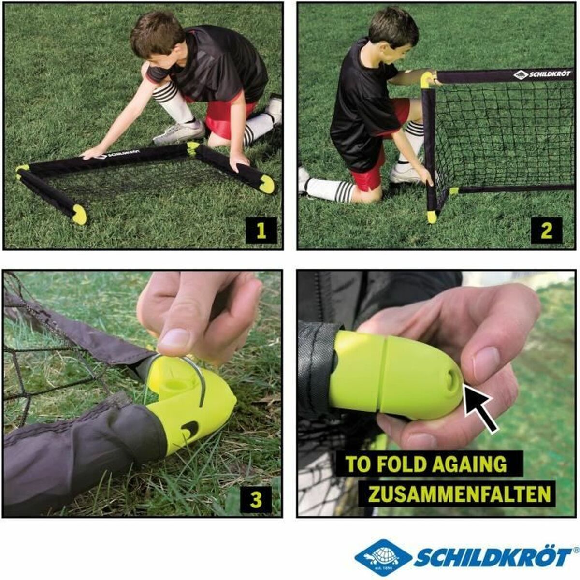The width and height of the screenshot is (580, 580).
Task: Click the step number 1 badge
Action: pos(261,230)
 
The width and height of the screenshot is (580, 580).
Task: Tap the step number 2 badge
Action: pos(546,230)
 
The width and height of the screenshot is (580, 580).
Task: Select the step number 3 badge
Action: pos(256,499)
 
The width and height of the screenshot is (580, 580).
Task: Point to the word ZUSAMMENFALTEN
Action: pos(459,494)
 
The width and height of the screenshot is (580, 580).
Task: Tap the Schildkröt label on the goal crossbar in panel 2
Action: pos(543,75)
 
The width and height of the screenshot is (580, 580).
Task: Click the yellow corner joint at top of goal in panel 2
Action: pos(427,78)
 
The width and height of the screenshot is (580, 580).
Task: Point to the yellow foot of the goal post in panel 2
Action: pos(432,217)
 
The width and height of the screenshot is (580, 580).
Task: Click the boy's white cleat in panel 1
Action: pos(179,133)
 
